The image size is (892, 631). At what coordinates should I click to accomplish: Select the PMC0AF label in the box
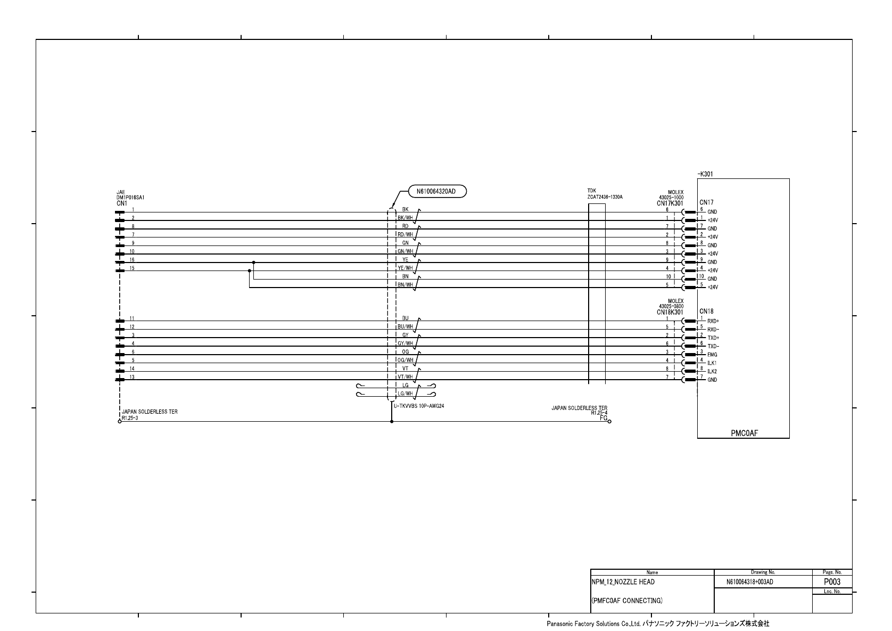(744, 433)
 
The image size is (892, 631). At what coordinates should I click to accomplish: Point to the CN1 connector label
(121, 203)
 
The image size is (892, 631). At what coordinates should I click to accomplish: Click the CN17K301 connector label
(670, 203)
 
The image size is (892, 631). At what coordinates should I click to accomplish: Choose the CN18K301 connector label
(670, 312)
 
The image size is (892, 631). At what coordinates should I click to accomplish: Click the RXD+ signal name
(713, 321)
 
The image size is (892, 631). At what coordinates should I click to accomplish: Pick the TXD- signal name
(713, 346)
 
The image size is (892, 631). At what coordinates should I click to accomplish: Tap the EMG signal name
(712, 355)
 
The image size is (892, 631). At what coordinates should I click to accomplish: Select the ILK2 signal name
(712, 371)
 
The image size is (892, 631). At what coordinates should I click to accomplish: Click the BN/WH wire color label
(406, 285)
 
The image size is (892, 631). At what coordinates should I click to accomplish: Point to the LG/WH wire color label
(406, 394)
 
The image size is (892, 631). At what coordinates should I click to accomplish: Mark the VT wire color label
(406, 368)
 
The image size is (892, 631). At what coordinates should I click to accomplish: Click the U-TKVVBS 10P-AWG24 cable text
(419, 406)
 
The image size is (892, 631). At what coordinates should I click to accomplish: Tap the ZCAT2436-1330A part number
(605, 197)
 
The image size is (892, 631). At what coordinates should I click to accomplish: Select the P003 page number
(832, 582)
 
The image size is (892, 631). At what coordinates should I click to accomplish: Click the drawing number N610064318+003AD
(749, 583)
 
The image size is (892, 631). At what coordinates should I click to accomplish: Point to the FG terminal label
(603, 418)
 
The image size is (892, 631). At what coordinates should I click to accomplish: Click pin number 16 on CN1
(132, 260)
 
